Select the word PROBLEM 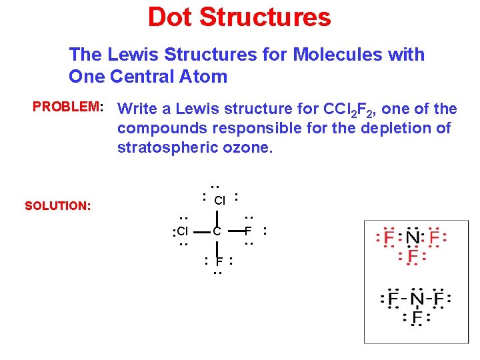point(65,107)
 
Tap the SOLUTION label point(57,206)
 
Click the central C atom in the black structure point(217,232)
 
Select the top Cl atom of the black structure point(220,200)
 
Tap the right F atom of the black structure point(248,231)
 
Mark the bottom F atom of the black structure point(218,261)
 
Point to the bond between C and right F point(233,231)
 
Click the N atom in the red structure point(413,237)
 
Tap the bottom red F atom point(413,256)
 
